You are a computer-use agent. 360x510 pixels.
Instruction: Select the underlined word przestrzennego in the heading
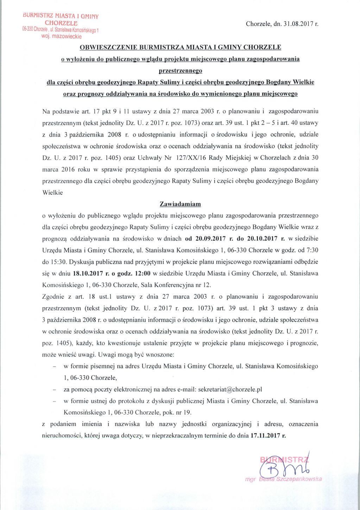[181, 71]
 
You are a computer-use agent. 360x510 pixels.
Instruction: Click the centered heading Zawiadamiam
[180, 204]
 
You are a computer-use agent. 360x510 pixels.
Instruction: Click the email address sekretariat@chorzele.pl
[230, 390]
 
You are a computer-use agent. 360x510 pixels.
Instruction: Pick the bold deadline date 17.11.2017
[266, 436]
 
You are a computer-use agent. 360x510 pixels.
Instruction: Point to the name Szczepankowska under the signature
[299, 479]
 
